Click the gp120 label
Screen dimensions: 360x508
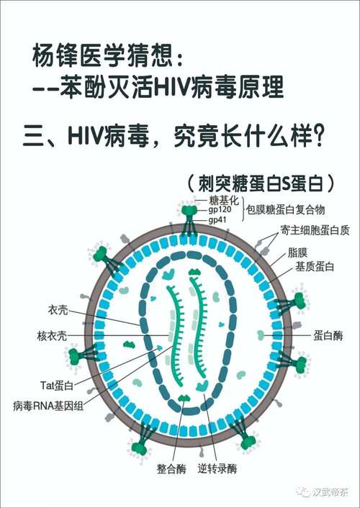click(220, 210)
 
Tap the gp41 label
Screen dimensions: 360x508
click(217, 220)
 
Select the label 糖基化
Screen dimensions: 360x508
click(224, 200)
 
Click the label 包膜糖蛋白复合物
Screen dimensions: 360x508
click(285, 209)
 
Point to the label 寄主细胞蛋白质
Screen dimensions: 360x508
click(315, 230)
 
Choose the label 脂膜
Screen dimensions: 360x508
click(297, 253)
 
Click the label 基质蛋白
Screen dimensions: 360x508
click(314, 266)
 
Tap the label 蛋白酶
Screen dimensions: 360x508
click(328, 335)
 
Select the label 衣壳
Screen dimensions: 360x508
click(58, 310)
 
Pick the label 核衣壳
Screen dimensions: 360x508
click(52, 335)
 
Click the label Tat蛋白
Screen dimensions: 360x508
click(57, 386)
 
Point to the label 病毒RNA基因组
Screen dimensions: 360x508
click(48, 406)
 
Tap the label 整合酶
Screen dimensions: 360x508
click(171, 468)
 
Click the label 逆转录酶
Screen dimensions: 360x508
click(217, 468)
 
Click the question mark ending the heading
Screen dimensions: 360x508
click(318, 137)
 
